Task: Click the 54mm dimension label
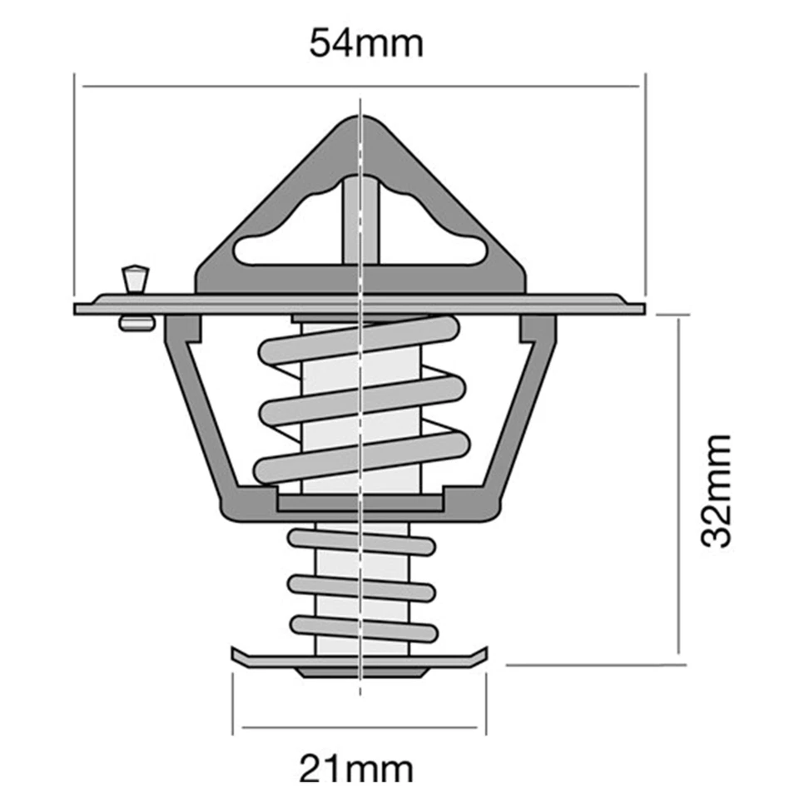pyautogui.click(x=366, y=42)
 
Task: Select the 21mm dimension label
pyautogui.click(x=356, y=769)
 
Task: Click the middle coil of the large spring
pyautogui.click(x=360, y=400)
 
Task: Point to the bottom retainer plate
pyautogui.click(x=360, y=661)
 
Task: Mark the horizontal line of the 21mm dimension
pyautogui.click(x=360, y=729)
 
